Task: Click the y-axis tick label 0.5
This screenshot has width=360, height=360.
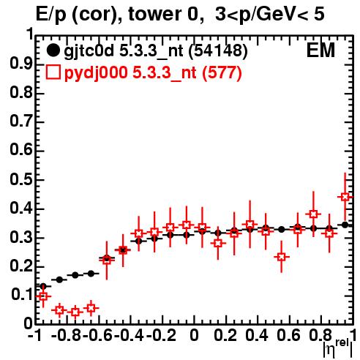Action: coord(21,180)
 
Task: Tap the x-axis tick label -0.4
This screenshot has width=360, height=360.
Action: coord(130,335)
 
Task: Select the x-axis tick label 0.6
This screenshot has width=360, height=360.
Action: coord(289,335)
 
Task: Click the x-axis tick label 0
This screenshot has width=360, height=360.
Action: coord(194,335)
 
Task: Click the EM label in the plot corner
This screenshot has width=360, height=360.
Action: coord(320,50)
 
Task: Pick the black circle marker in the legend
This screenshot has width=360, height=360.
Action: coord(53,50)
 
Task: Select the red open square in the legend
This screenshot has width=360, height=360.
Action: coord(53,72)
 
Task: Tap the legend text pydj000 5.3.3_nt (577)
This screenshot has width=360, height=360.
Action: coord(153,73)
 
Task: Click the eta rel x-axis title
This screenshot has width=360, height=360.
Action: coord(337,348)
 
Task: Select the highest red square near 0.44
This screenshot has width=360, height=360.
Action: coord(345,197)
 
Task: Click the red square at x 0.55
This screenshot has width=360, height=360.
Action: coord(282,257)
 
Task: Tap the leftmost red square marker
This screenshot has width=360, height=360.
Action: coord(43,296)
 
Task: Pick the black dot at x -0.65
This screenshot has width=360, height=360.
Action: coord(91,274)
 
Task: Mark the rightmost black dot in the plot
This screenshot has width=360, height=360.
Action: coord(345,225)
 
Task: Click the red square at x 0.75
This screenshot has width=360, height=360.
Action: coord(313,214)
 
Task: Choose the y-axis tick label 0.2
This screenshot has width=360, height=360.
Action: coord(21,266)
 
